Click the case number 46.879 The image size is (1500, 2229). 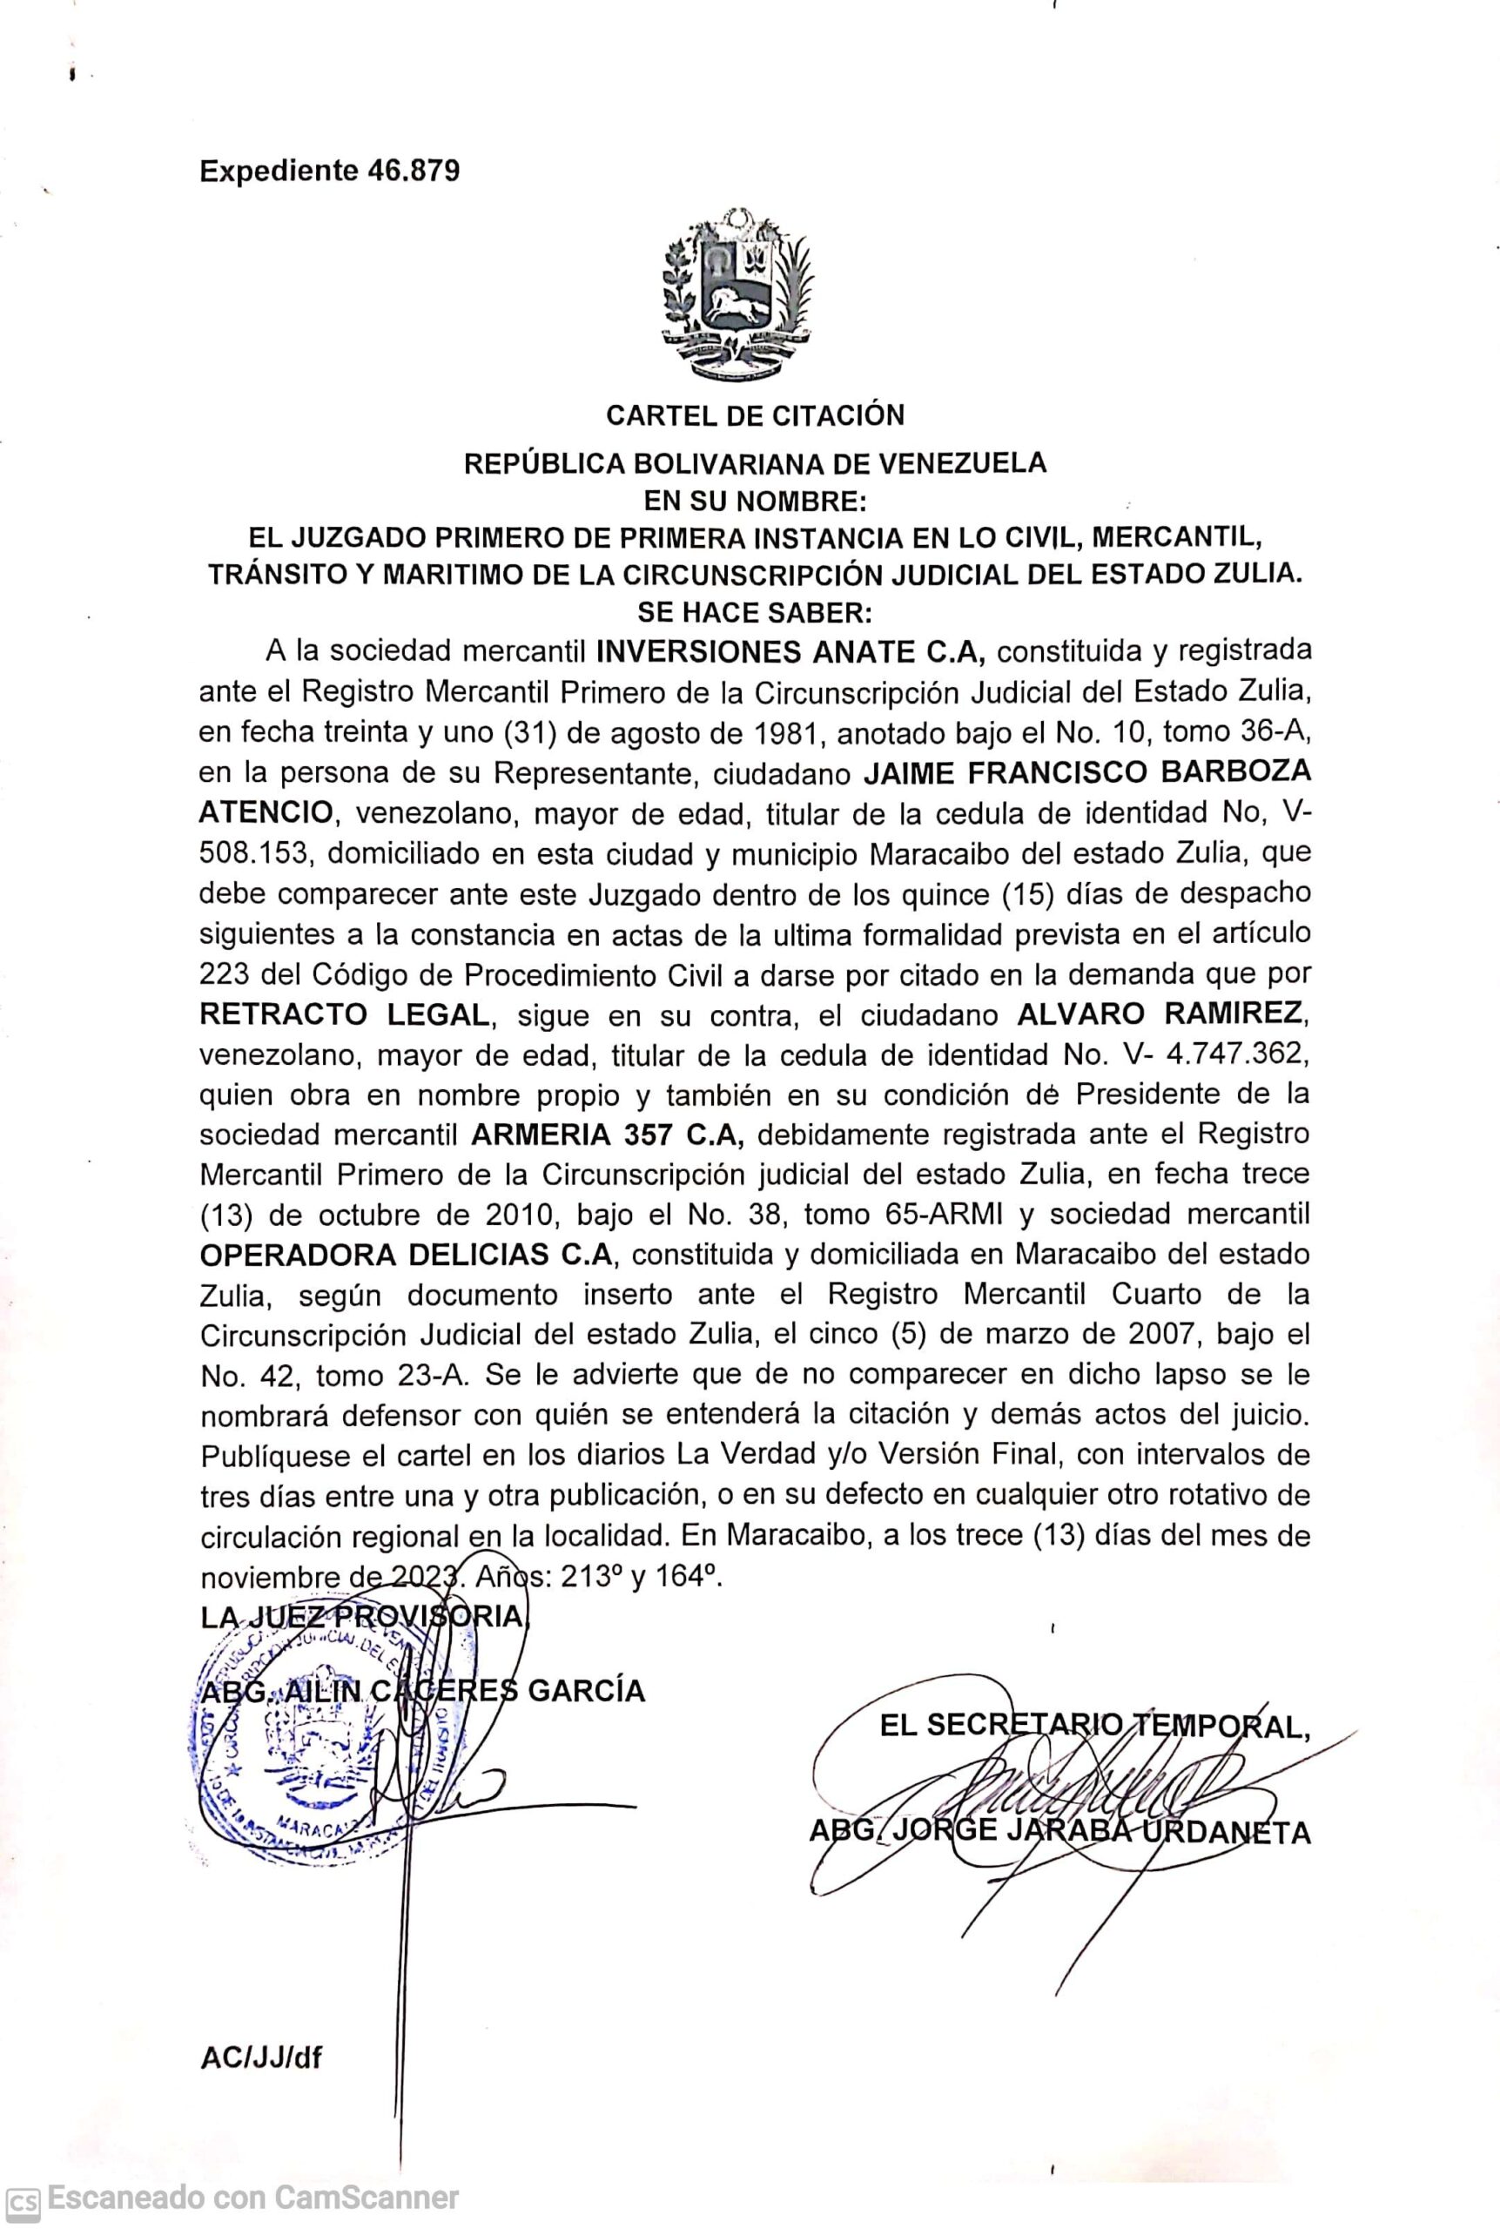pyautogui.click(x=413, y=172)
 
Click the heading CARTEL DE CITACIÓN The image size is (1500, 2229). pyautogui.click(x=755, y=415)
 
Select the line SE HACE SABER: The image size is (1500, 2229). pyautogui.click(x=755, y=611)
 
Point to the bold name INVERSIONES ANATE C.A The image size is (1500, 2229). pyautogui.click(x=790, y=652)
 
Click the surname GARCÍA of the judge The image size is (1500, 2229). pyautogui.click(x=587, y=1690)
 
